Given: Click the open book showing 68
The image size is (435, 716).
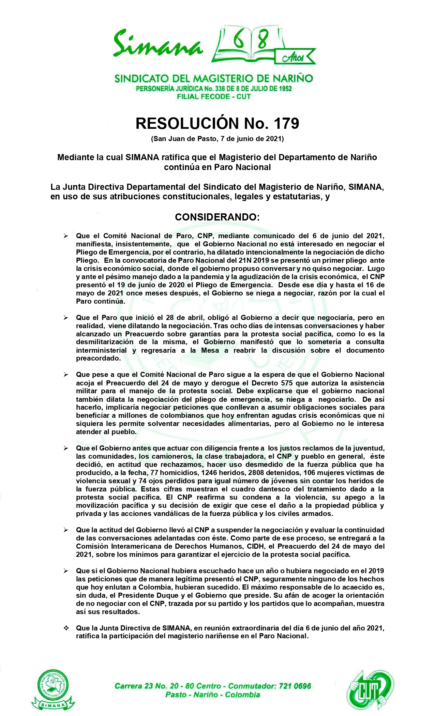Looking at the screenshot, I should (x=247, y=44).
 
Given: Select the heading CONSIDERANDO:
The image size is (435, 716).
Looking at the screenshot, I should (x=217, y=217).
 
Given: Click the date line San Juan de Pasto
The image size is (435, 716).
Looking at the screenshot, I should (x=217, y=139).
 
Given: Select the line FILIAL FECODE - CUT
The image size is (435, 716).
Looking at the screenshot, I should (x=214, y=96).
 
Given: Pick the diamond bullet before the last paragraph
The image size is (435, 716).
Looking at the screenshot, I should (x=66, y=628).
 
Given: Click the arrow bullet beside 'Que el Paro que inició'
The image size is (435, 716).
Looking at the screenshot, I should (x=66, y=318).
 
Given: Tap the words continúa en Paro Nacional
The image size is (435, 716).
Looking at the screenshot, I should (x=217, y=167).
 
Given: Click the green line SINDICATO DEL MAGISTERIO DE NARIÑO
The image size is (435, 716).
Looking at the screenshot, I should (x=214, y=78).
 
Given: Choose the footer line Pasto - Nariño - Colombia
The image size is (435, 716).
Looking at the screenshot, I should (x=213, y=695).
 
